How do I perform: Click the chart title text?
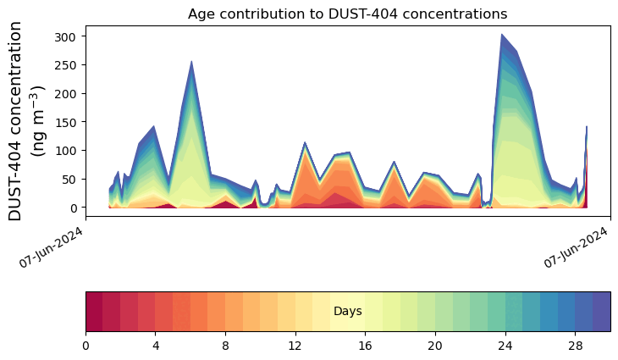point(347,14)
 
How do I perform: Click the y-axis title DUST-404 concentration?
point(15,120)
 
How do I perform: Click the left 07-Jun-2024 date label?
point(51,247)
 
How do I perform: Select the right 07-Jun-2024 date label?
point(576,247)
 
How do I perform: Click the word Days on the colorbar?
point(348,312)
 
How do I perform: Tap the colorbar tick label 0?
point(86,346)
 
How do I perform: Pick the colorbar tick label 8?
point(225,346)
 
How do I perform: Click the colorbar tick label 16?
point(366,346)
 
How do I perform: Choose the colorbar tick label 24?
point(505,346)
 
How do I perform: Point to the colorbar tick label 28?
point(576,346)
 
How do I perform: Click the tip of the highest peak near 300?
point(502,34)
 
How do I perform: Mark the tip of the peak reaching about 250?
point(191,61)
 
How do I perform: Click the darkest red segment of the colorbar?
point(94,312)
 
